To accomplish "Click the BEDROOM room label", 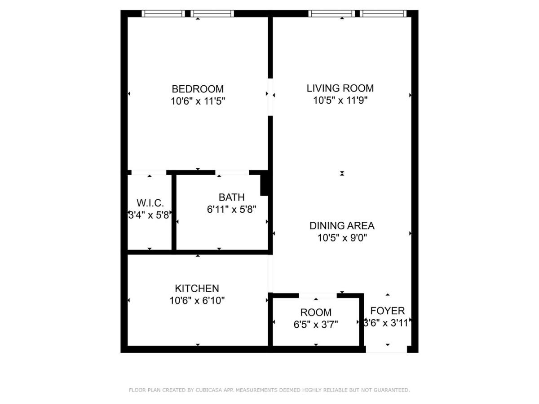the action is pyautogui.click(x=198, y=89).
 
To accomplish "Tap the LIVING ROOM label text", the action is pyautogui.click(x=340, y=88).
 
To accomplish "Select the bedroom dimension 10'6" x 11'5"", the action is pyautogui.click(x=198, y=101).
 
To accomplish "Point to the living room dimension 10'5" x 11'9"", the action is pyautogui.click(x=340, y=100).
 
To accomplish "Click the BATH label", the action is pyautogui.click(x=232, y=197).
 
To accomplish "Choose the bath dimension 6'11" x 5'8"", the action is pyautogui.click(x=232, y=210).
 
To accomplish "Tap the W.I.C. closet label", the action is pyautogui.click(x=150, y=203).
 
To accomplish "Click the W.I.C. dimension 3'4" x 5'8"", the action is pyautogui.click(x=149, y=215).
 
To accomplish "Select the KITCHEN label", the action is pyautogui.click(x=197, y=289).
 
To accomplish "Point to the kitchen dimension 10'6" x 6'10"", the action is pyautogui.click(x=197, y=300).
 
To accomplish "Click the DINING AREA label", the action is pyautogui.click(x=342, y=226).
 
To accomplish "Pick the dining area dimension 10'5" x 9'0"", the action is pyautogui.click(x=342, y=238).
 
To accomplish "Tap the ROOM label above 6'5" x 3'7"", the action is pyautogui.click(x=316, y=312).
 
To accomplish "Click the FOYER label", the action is pyautogui.click(x=388, y=311).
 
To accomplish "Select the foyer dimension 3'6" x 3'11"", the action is pyautogui.click(x=387, y=323).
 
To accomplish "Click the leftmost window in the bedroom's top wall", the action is pyautogui.click(x=163, y=13).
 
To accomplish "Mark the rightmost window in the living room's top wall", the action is pyautogui.click(x=383, y=13).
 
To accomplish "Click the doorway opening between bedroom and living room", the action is pyautogui.click(x=270, y=97).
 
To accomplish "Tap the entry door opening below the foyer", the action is pyautogui.click(x=386, y=349).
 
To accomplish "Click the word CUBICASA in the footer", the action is pyautogui.click(x=206, y=390).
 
